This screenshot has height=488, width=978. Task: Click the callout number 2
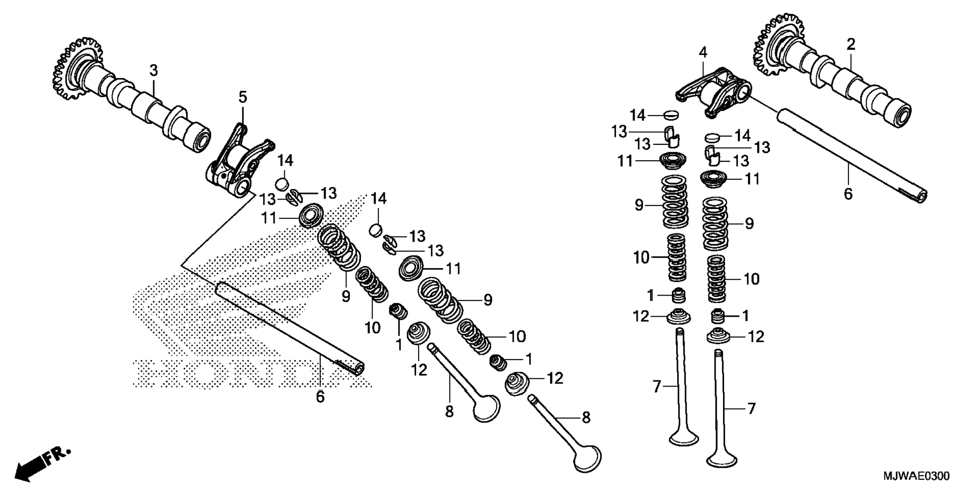pyautogui.click(x=851, y=44)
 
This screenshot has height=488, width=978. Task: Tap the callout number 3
pyautogui.click(x=154, y=70)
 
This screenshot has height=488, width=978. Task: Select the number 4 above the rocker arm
pyautogui.click(x=703, y=52)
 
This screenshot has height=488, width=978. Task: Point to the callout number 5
pyautogui.click(x=243, y=96)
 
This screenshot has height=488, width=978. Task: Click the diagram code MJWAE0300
pyautogui.click(x=916, y=476)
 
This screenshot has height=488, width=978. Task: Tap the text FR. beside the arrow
pyautogui.click(x=57, y=455)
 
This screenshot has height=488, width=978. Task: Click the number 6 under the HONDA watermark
pyautogui.click(x=320, y=397)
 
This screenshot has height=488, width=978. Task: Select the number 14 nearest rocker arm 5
pyautogui.click(x=285, y=161)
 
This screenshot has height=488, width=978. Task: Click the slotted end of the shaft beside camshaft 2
pyautogui.click(x=919, y=196)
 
